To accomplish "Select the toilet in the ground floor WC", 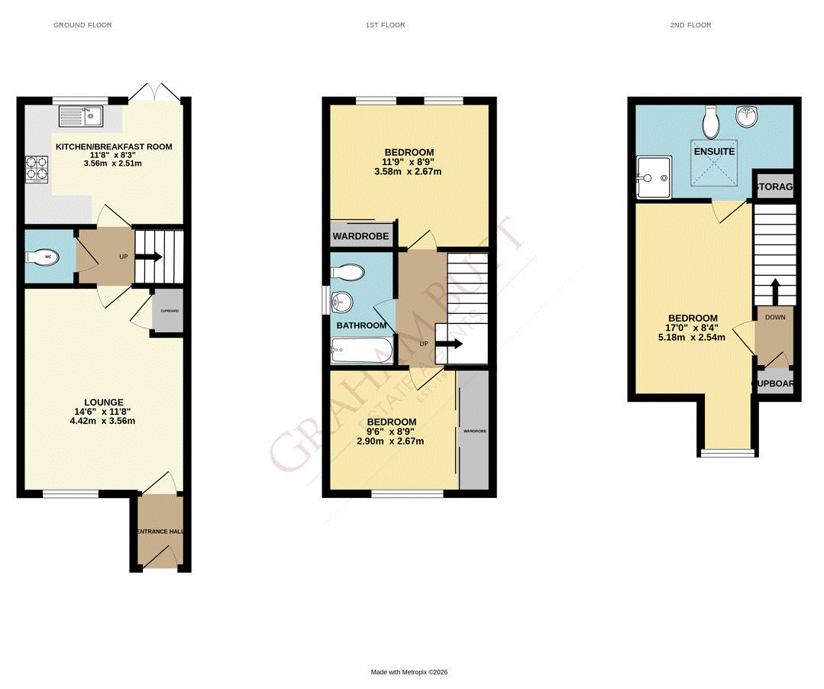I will coord(40,257).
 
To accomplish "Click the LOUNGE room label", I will coord(104,403).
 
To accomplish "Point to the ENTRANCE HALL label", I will coord(160,532).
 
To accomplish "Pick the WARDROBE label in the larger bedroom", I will coord(360,237).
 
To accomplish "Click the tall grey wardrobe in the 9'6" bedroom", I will coord(473,430).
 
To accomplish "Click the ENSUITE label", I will coord(714,151).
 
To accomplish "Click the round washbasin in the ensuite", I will coord(745,116).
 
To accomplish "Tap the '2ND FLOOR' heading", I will coord(690,25).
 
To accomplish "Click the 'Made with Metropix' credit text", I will coord(409,672).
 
